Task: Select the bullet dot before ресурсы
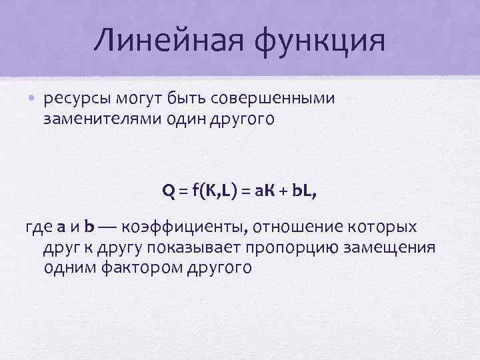[31, 100]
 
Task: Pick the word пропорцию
[294, 249]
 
